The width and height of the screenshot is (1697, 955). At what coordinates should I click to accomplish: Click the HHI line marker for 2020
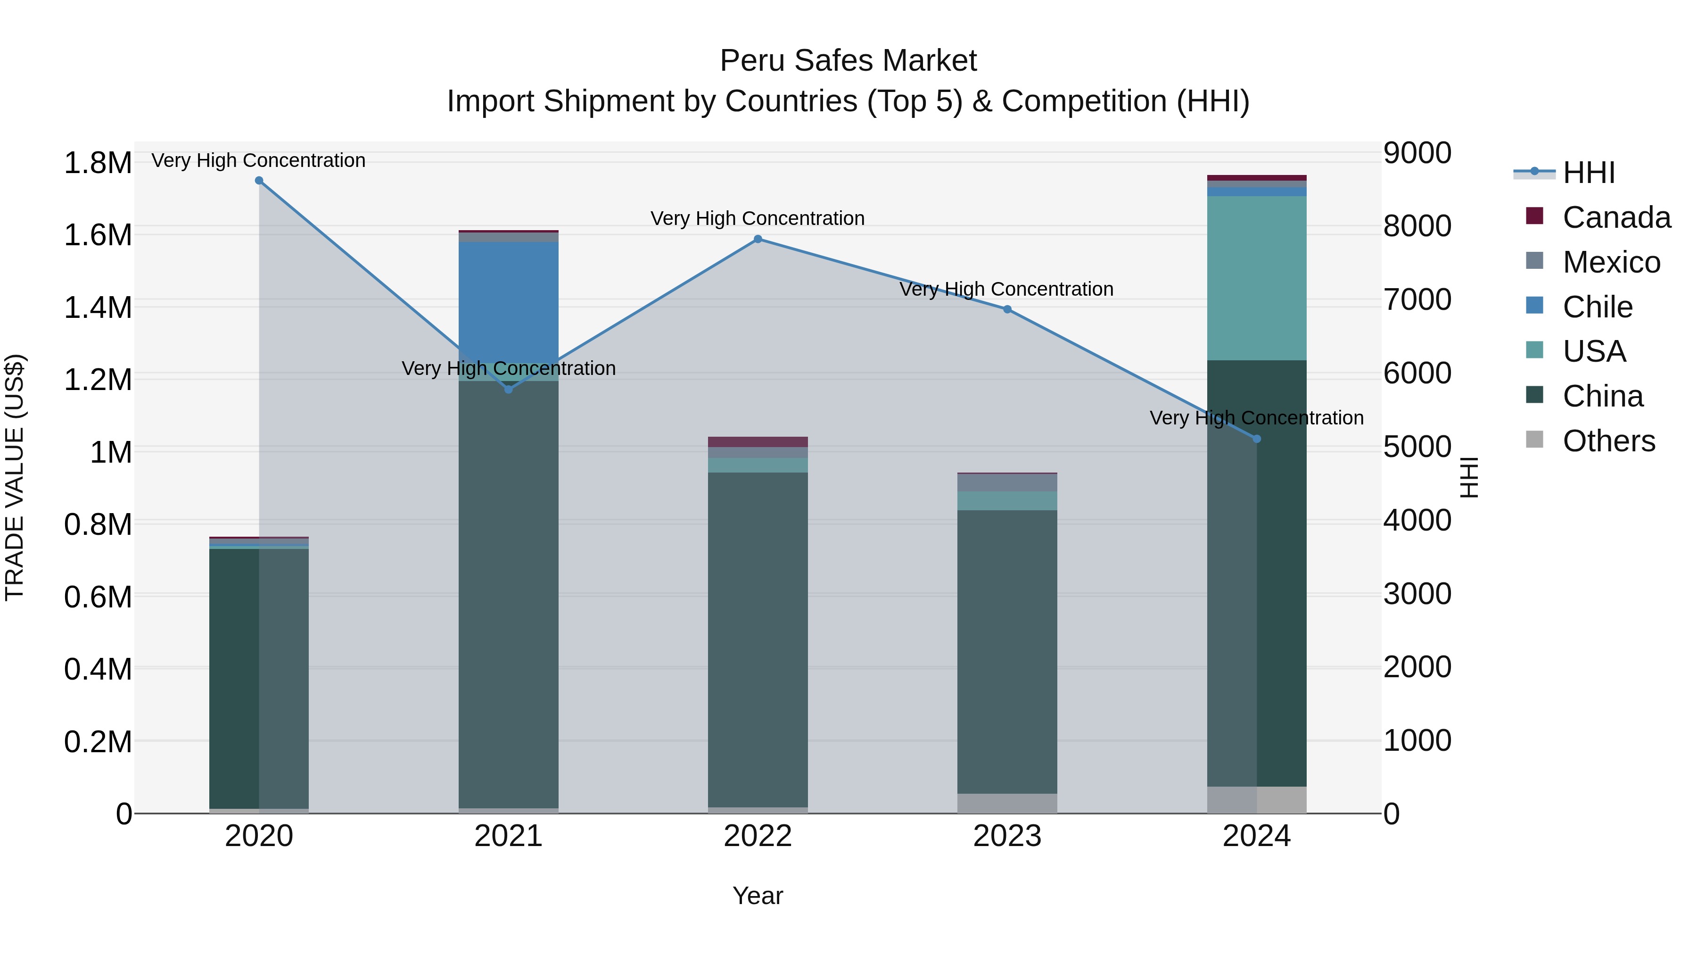point(259,181)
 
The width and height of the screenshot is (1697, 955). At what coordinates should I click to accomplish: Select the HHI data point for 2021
point(509,390)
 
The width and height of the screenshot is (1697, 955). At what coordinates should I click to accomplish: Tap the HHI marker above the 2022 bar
point(758,239)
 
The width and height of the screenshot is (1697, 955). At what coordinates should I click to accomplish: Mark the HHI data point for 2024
point(1256,439)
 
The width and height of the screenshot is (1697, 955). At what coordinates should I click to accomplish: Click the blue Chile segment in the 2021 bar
point(509,297)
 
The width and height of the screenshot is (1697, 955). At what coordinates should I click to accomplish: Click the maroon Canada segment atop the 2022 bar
point(758,441)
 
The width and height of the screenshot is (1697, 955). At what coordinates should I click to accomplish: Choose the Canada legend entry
point(1616,217)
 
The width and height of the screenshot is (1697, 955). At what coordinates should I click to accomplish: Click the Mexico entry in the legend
point(1611,262)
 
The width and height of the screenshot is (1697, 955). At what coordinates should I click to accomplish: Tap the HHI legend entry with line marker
point(1588,173)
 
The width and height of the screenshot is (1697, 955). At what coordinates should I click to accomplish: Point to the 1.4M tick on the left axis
point(98,308)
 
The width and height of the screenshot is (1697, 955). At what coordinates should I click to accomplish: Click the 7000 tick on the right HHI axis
point(1417,300)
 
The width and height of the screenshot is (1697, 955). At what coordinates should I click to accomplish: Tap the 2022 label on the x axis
point(758,836)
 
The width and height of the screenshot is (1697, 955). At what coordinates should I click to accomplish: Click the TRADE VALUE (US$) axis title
point(15,477)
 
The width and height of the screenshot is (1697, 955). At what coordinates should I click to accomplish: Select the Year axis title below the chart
point(758,896)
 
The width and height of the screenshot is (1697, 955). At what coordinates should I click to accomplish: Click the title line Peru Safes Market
point(848,61)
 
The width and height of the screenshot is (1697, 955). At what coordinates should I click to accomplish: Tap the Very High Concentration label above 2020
point(258,160)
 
